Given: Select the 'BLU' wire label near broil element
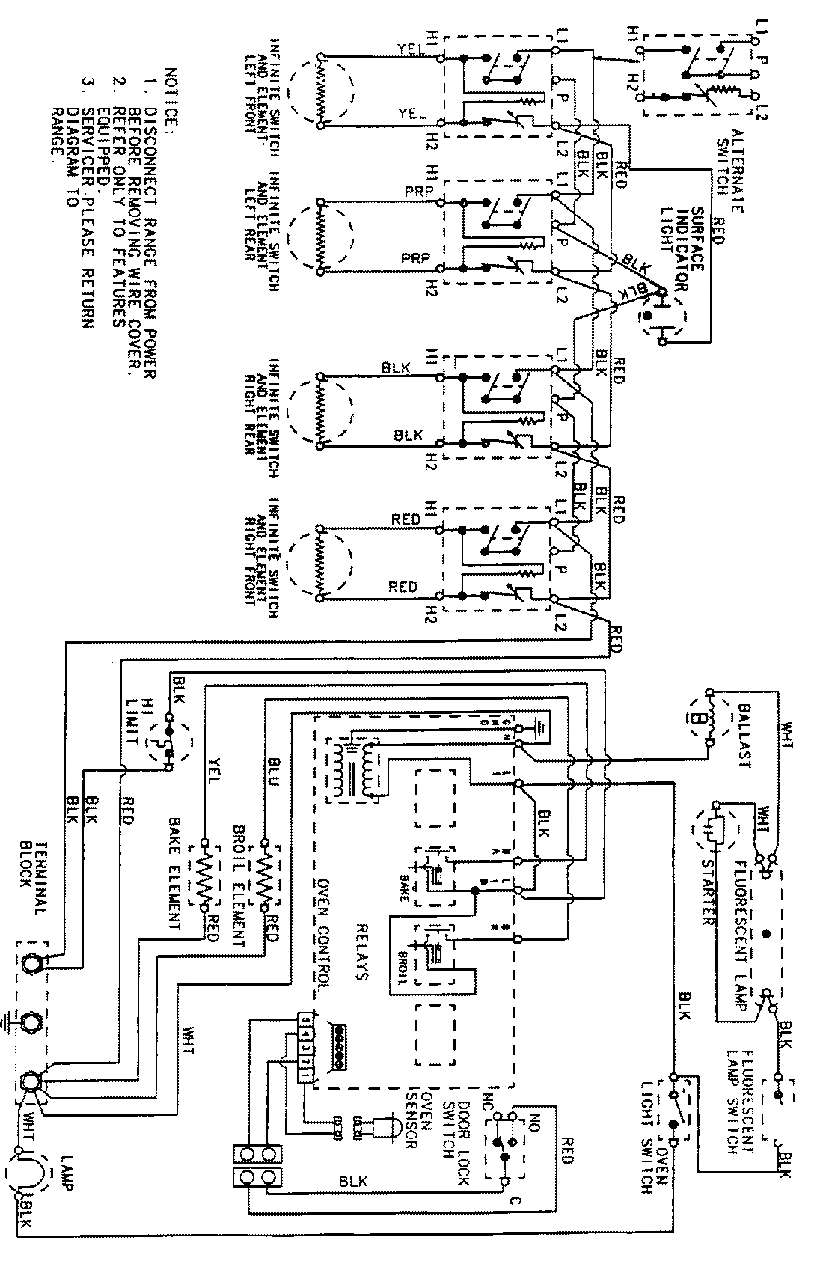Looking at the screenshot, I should tap(271, 787).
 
